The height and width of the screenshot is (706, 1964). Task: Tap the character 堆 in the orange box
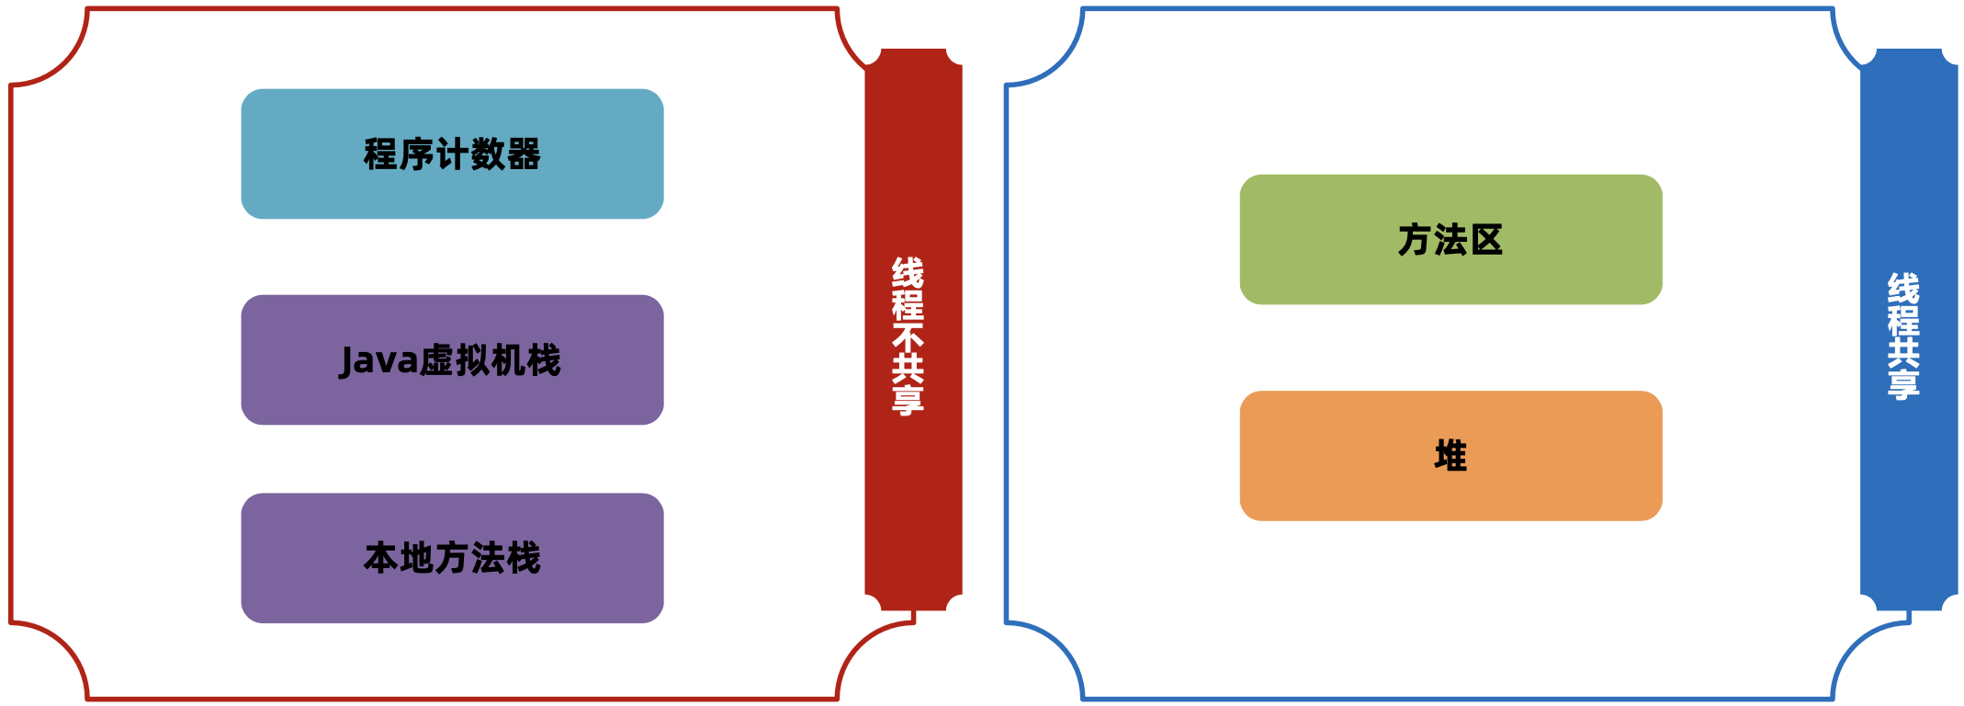point(1450,456)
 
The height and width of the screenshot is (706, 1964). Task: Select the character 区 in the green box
point(1486,240)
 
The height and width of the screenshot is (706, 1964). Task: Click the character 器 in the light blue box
point(524,154)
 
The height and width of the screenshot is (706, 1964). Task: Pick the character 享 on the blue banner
point(1903,384)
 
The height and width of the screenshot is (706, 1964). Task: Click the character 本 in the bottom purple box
point(380,558)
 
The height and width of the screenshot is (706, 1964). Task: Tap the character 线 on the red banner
point(908,272)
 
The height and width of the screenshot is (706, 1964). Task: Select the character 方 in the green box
point(1416,240)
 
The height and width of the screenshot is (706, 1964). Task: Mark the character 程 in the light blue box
point(380,154)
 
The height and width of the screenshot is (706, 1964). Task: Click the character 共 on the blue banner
point(1903,352)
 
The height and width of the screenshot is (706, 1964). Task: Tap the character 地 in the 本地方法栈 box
point(416,558)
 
